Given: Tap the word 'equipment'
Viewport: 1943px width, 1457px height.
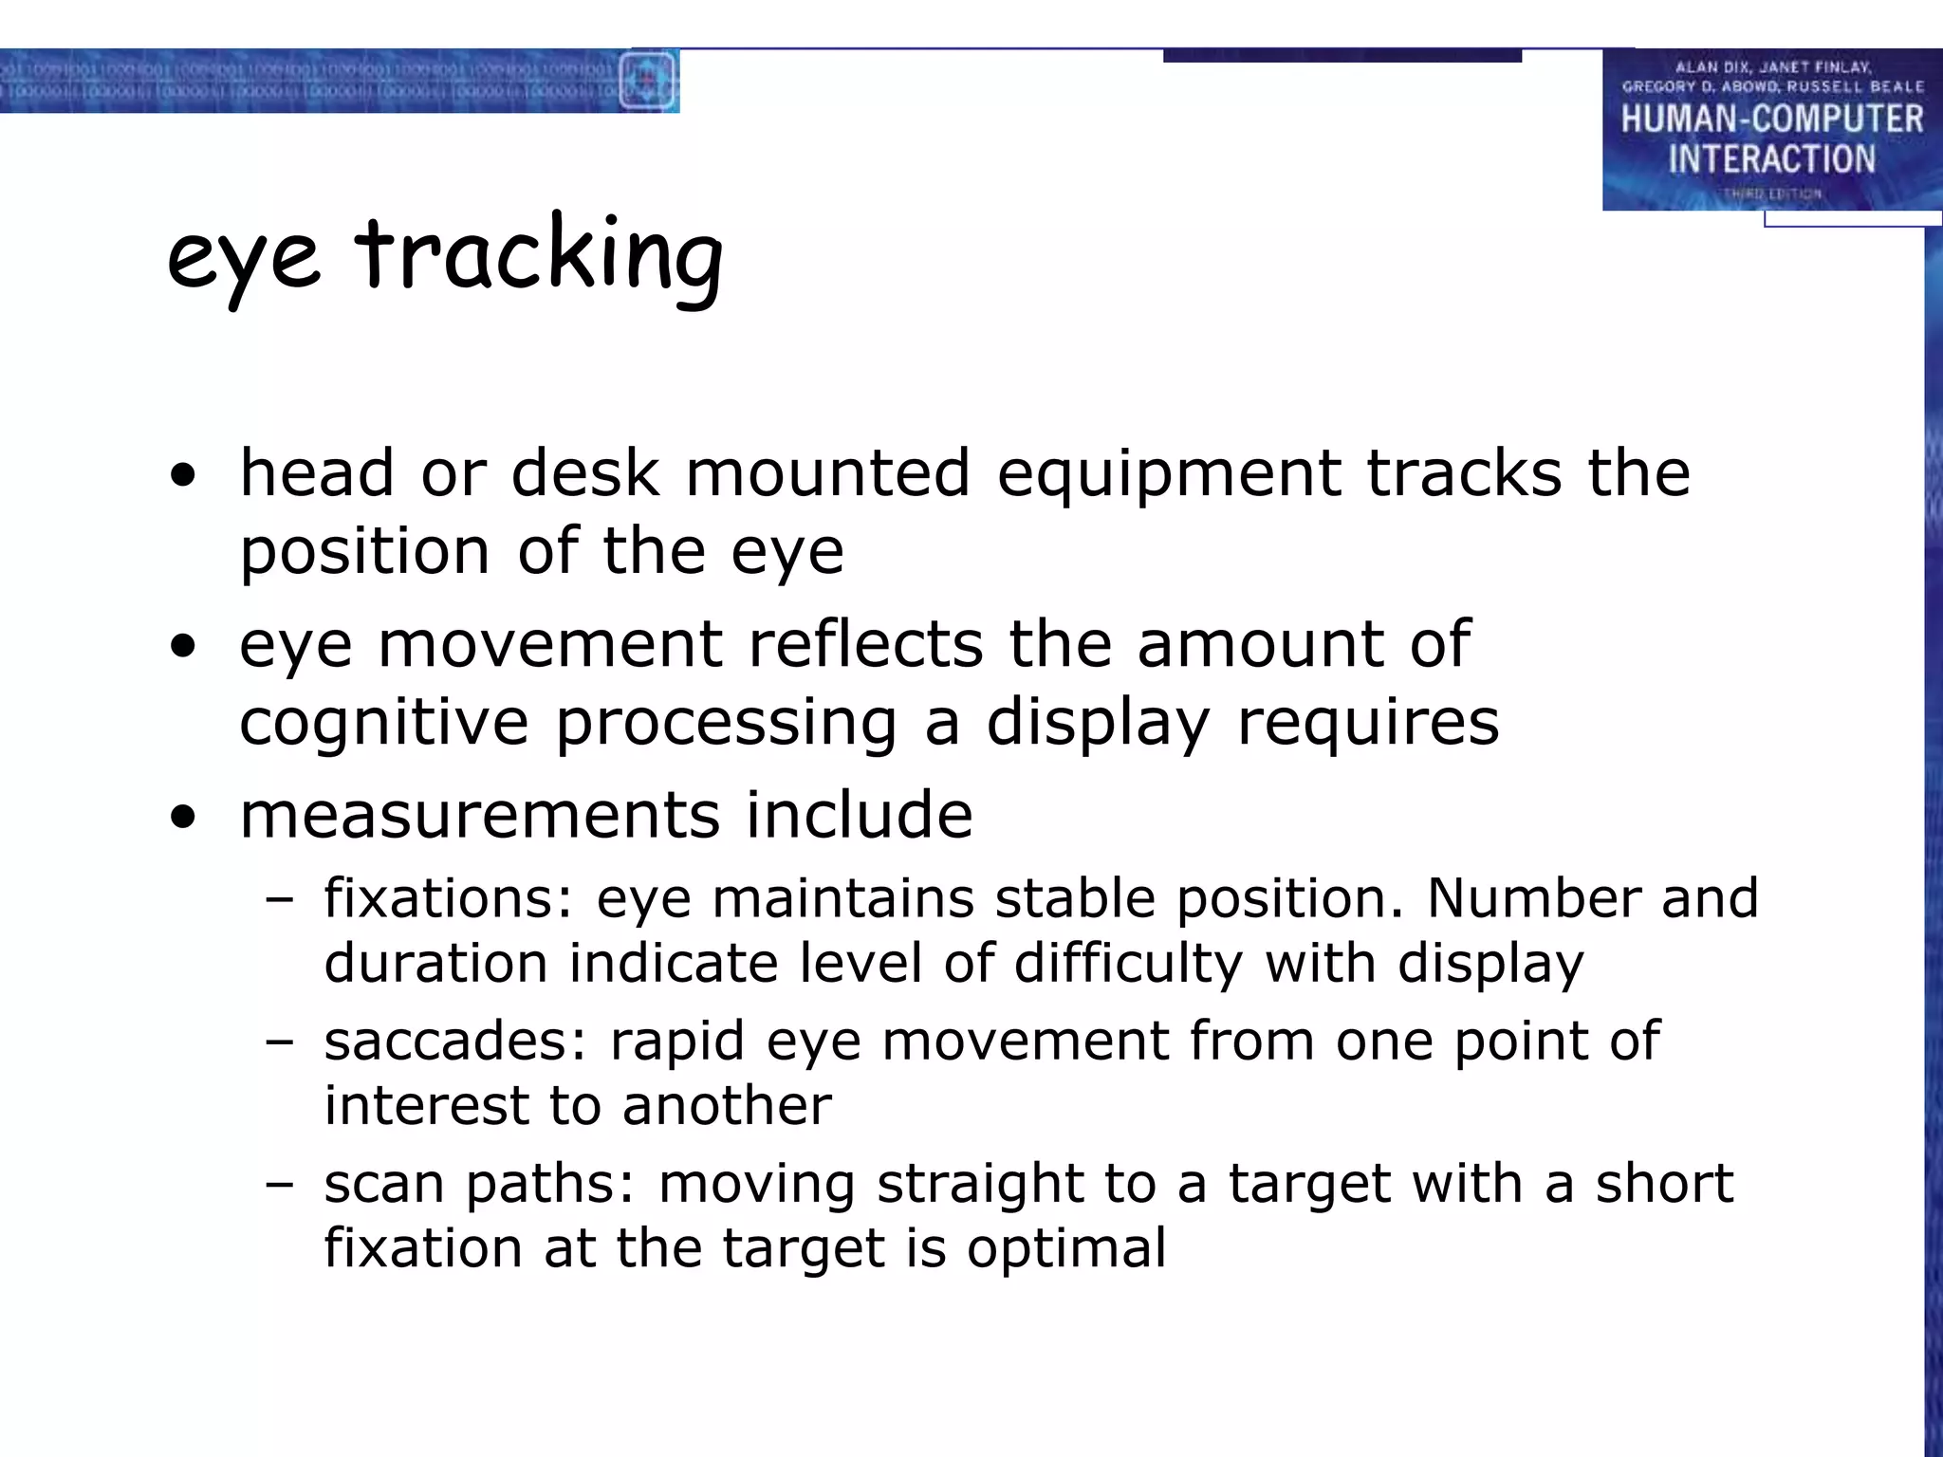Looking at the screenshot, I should [1169, 474].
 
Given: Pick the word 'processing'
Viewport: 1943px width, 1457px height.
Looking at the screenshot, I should [726, 723].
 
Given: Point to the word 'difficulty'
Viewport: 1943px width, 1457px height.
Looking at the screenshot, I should [1128, 964].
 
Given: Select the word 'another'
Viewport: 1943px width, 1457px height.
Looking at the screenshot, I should [727, 1105].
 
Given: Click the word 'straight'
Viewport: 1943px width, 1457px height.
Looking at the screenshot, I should [980, 1185].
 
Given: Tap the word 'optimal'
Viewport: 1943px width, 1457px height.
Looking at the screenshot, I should [1066, 1248].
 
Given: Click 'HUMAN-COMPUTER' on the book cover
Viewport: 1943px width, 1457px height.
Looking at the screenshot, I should [1771, 120].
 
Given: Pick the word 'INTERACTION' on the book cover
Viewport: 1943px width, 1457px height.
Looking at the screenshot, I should [1771, 159].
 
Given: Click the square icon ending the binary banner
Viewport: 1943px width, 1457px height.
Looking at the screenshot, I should [648, 82].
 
